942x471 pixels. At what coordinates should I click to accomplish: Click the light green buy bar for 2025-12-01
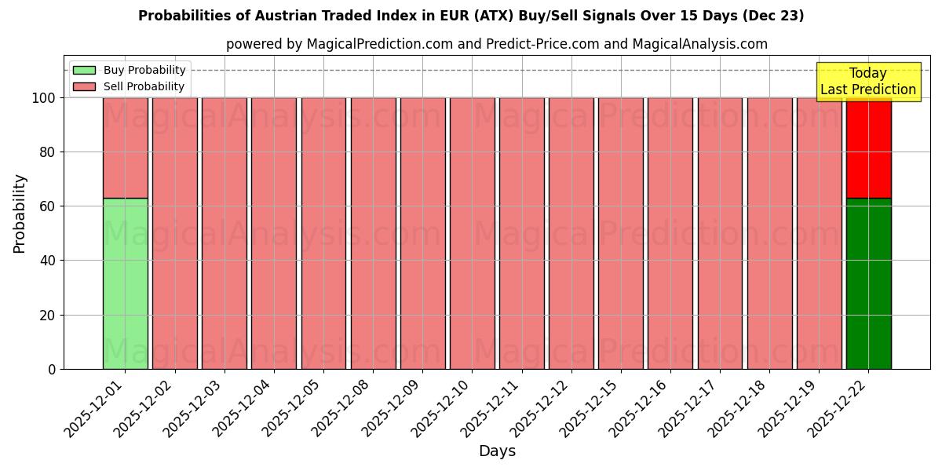(x=125, y=283)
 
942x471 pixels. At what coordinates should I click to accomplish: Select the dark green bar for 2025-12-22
(x=868, y=283)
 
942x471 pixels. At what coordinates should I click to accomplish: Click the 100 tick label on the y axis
(x=43, y=98)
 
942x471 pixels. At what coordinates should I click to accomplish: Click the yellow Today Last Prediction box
(x=867, y=82)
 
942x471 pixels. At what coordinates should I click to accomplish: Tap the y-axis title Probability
(x=20, y=213)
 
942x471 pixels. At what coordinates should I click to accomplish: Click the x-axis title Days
(x=497, y=451)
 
